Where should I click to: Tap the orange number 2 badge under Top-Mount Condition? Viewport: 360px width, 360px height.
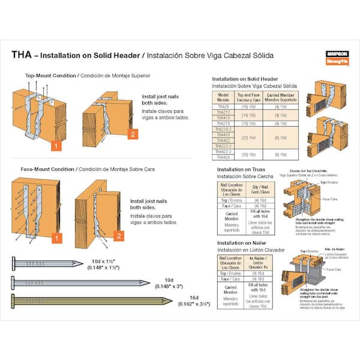point(133,133)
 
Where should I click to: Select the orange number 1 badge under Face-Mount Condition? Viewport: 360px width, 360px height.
point(57,238)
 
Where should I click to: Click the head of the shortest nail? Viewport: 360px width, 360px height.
point(14,262)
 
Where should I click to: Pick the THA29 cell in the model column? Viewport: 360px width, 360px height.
point(223,106)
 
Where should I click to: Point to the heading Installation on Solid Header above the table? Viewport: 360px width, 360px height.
point(245,79)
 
